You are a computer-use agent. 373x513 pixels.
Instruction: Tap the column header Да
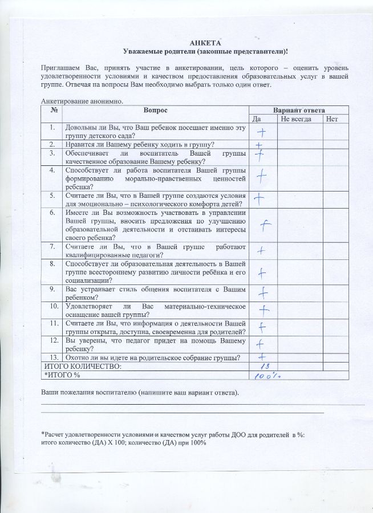(x=256, y=119)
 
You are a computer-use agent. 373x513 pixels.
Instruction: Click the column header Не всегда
(x=296, y=119)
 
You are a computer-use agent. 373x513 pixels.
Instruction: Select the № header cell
(x=52, y=109)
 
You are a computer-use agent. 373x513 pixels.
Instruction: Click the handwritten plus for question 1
(x=261, y=133)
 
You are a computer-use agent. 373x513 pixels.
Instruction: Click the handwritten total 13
(x=263, y=367)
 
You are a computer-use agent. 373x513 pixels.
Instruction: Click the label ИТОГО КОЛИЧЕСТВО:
(x=83, y=366)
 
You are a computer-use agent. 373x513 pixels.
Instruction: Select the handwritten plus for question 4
(x=262, y=176)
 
